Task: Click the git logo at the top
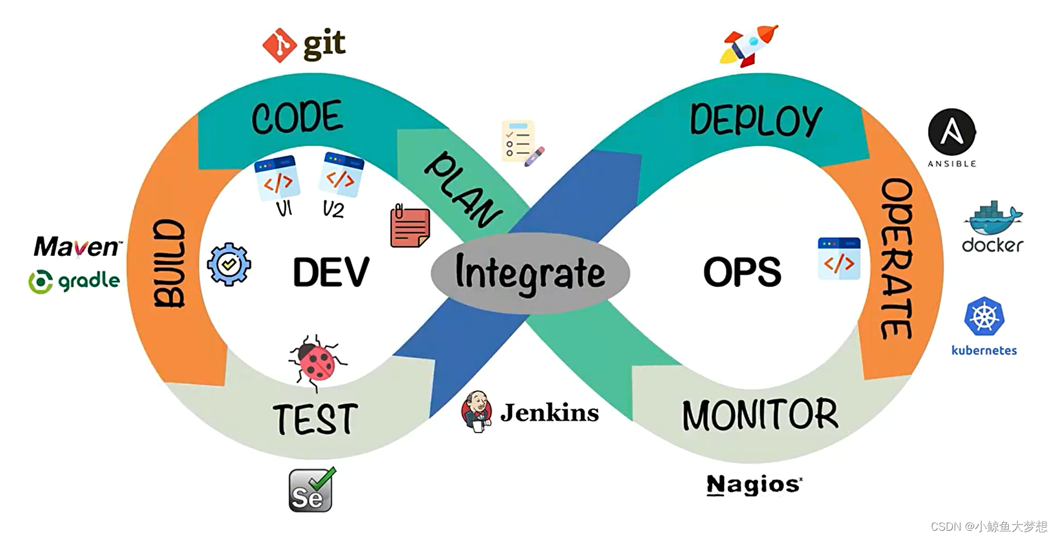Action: pyautogui.click(x=304, y=44)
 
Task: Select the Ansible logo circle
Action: pyautogui.click(x=952, y=132)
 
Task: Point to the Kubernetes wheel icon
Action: pyautogui.click(x=984, y=316)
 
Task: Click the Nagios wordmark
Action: pyautogui.click(x=754, y=485)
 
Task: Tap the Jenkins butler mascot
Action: pyautogui.click(x=477, y=411)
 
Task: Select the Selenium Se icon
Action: pyautogui.click(x=311, y=490)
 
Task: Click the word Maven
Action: pyautogui.click(x=77, y=247)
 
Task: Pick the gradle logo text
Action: pyautogui.click(x=74, y=281)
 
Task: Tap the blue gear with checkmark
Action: pyautogui.click(x=229, y=264)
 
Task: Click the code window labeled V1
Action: pyautogui.click(x=277, y=179)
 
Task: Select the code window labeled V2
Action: pyautogui.click(x=341, y=175)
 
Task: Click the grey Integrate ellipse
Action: pyautogui.click(x=530, y=272)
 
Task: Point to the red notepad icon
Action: pyautogui.click(x=410, y=227)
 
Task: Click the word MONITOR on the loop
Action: pyautogui.click(x=760, y=416)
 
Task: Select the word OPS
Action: pyautogui.click(x=742, y=272)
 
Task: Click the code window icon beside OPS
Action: pyautogui.click(x=839, y=259)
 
